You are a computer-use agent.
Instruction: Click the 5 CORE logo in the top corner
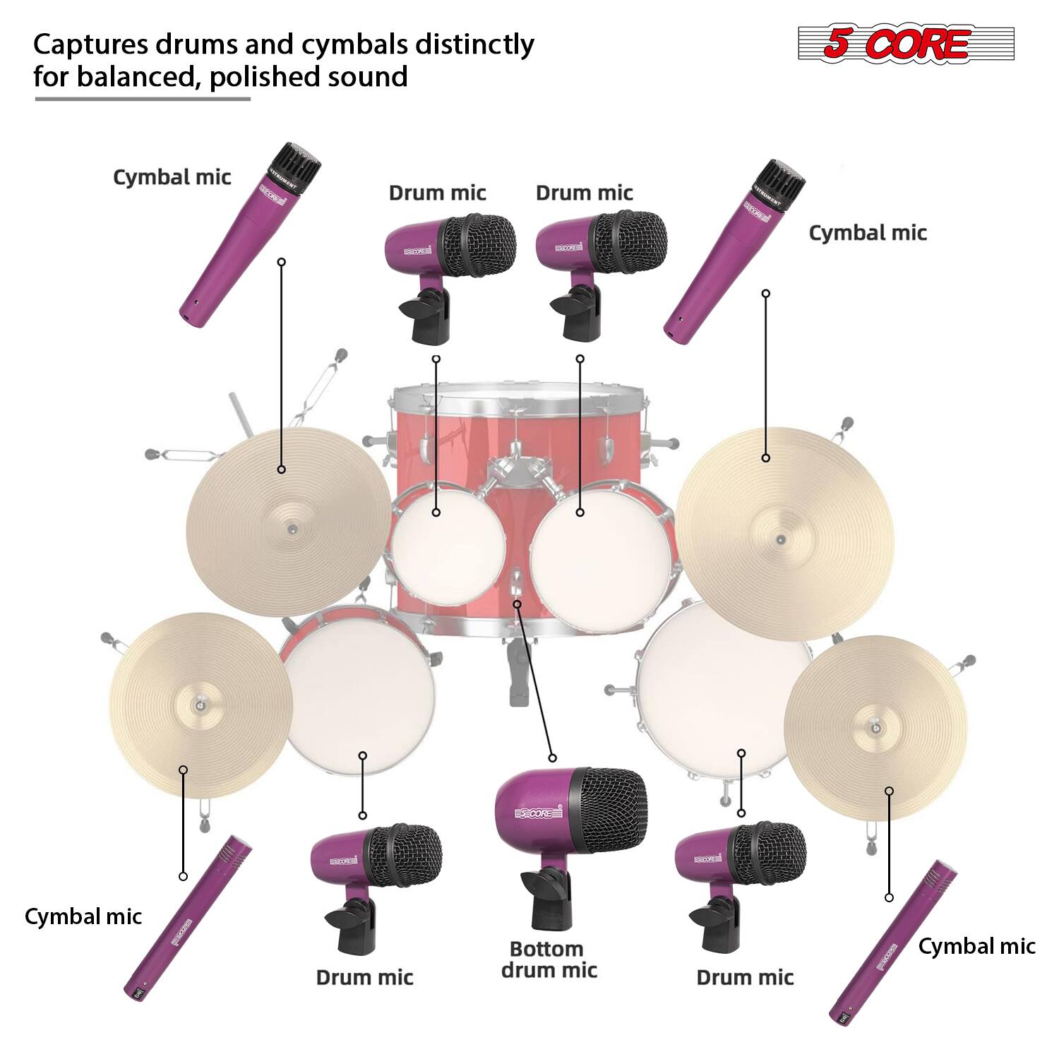pyautogui.click(x=906, y=44)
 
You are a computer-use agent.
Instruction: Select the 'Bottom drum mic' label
pyautogui.click(x=549, y=959)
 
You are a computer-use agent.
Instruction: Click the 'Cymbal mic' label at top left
pyautogui.click(x=172, y=176)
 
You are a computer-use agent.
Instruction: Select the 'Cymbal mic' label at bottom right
pyautogui.click(x=976, y=947)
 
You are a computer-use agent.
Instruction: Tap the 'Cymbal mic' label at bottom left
pyautogui.click(x=83, y=916)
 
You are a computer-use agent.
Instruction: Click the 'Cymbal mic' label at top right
pyautogui.click(x=868, y=233)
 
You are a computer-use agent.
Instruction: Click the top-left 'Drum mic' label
pyautogui.click(x=438, y=193)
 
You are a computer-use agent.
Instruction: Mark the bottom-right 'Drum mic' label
pyautogui.click(x=745, y=977)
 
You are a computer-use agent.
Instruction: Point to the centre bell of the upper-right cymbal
pyautogui.click(x=779, y=540)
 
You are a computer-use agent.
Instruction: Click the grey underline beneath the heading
pyautogui.click(x=143, y=99)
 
